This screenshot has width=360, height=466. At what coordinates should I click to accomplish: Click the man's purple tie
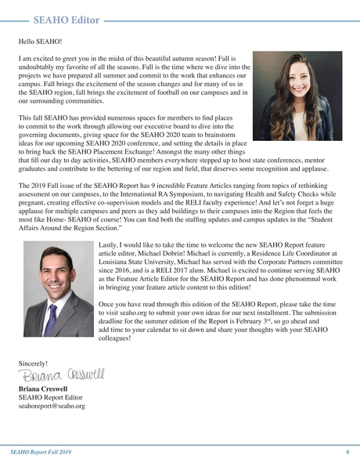[x=52, y=321]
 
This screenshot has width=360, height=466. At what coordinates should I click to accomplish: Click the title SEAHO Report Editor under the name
[x=49, y=398]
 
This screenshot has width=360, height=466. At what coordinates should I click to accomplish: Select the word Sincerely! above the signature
[x=32, y=363]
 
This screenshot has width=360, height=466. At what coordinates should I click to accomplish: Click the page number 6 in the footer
[x=347, y=453]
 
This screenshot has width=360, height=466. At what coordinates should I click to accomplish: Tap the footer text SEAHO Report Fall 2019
[x=44, y=453]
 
